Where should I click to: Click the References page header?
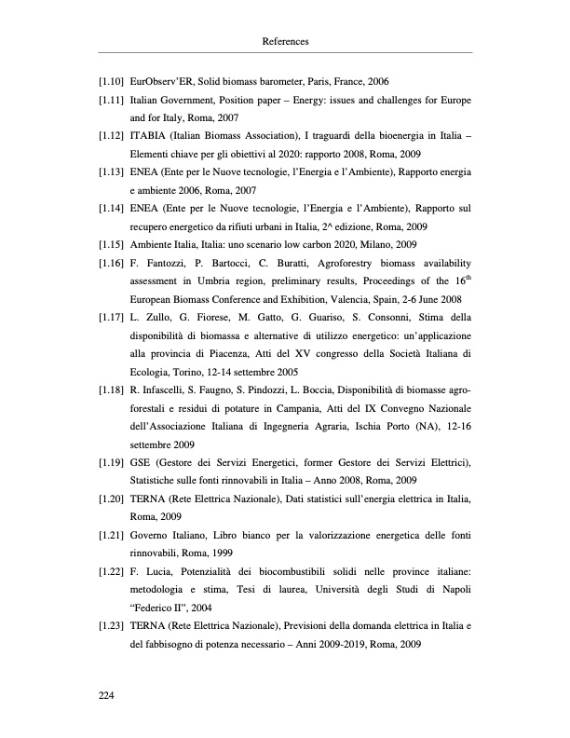[x=285, y=42]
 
